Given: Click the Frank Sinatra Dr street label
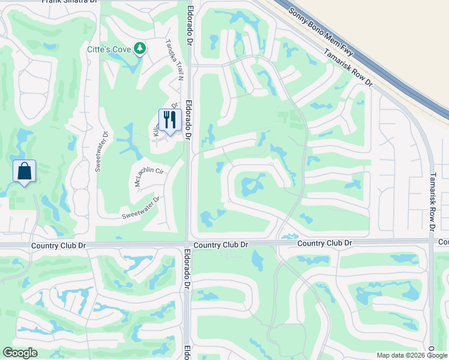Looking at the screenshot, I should point(70,2).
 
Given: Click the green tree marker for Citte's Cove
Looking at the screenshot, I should point(140,47).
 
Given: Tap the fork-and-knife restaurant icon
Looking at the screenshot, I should point(170,120).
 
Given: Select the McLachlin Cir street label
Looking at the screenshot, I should point(149,177).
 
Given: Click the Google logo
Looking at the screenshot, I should point(20,353).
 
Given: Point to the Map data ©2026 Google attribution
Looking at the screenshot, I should point(412,355).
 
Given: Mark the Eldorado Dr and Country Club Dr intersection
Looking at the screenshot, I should point(188,244).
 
